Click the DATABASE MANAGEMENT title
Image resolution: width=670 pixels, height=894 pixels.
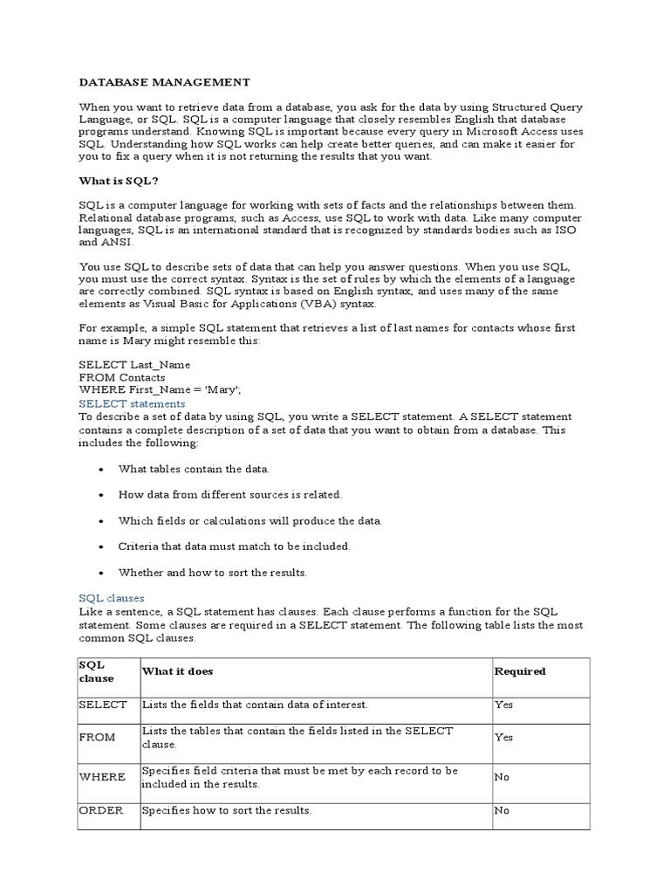pos(164,82)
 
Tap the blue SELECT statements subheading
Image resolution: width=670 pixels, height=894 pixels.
pos(132,404)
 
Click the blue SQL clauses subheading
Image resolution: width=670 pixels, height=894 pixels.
pos(112,598)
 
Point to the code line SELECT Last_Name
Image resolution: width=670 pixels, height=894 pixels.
pos(134,364)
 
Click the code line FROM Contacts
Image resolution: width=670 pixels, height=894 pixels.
pos(122,377)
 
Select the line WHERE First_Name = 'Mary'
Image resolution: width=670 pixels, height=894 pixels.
pos(160,390)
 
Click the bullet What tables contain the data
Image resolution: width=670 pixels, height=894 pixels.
pos(194,469)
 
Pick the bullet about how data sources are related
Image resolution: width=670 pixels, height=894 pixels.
pos(230,494)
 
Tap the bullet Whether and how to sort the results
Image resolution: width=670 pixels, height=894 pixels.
pos(213,573)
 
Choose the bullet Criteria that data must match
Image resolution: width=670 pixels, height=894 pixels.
pos(234,547)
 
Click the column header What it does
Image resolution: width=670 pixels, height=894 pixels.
pos(177,671)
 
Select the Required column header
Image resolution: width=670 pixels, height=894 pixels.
pos(520,671)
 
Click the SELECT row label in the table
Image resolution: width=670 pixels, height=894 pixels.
pos(103,705)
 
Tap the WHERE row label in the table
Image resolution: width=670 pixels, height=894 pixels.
pos(102,776)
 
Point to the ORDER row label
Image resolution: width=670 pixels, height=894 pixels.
pos(101,811)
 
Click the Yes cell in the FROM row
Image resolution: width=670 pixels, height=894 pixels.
pos(504,738)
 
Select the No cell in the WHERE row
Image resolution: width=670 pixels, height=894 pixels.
pos(502,776)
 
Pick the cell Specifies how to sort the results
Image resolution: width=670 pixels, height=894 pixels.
pos(227,811)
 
